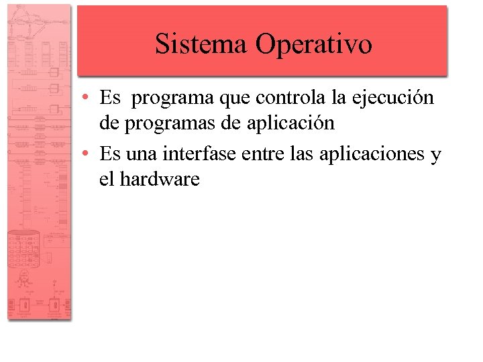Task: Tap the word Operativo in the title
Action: (x=313, y=45)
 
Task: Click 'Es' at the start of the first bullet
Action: (x=109, y=99)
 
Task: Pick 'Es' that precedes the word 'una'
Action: (x=109, y=155)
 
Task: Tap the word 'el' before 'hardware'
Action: (x=106, y=180)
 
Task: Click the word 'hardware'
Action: (x=160, y=180)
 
